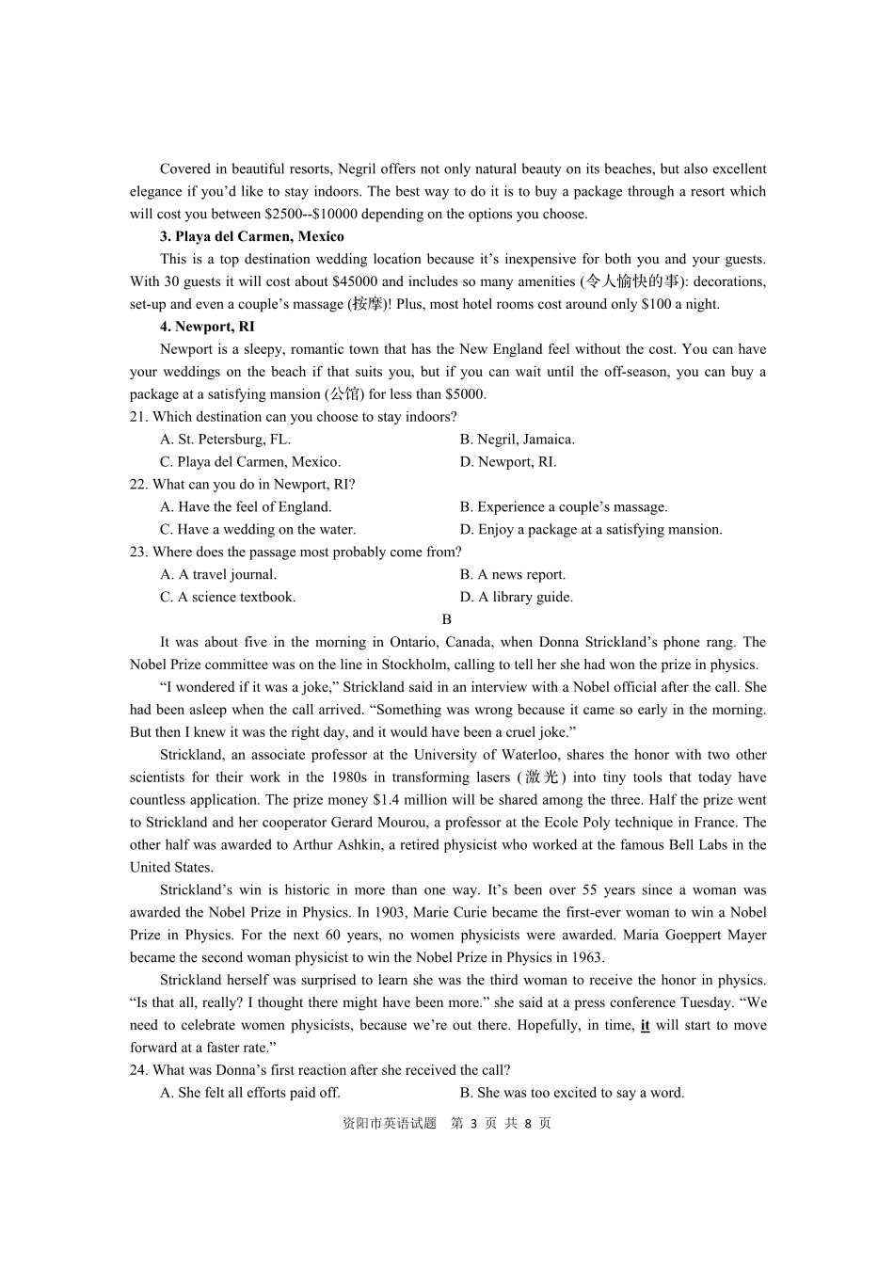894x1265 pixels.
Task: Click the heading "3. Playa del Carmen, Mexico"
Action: [251, 236]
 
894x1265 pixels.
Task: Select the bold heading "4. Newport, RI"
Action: [207, 327]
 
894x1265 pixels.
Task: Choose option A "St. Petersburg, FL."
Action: [226, 440]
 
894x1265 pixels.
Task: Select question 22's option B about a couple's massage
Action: [564, 507]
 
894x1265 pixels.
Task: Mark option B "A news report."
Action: [513, 575]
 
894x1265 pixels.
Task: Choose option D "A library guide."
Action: [517, 598]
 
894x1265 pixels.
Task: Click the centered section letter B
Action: [447, 619]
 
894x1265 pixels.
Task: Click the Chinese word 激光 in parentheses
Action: [541, 777]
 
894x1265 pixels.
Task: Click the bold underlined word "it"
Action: [645, 1026]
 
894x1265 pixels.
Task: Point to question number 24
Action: [138, 1070]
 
